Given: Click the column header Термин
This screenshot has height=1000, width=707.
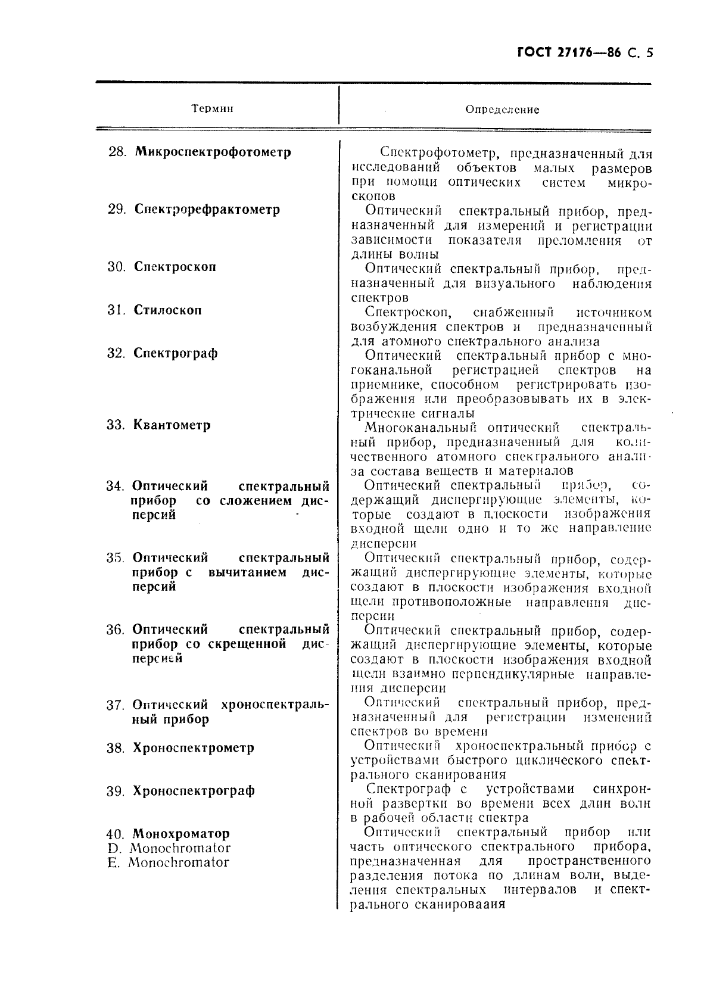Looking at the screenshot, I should [x=212, y=109].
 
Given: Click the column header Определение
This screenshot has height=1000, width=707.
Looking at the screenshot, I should [x=502, y=110].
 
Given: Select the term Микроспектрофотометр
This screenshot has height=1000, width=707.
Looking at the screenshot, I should [x=213, y=152].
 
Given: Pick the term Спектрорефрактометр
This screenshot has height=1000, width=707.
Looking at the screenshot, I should [x=207, y=210].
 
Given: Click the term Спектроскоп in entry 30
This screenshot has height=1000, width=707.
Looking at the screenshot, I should [x=175, y=267].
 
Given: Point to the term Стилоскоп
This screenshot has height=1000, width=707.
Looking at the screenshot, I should [x=167, y=310].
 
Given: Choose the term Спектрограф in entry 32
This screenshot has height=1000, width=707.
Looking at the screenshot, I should [x=176, y=353].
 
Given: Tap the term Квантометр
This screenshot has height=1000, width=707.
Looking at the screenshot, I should [x=172, y=425].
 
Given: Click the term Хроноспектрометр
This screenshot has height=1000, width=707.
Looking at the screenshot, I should [x=194, y=748].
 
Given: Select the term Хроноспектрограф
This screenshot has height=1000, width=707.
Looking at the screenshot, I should [x=194, y=791].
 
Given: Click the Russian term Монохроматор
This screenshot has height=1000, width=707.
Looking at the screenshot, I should [x=180, y=834].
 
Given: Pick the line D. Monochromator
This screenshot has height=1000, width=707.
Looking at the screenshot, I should [x=169, y=848].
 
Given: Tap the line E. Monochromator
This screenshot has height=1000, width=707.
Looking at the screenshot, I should [x=168, y=862].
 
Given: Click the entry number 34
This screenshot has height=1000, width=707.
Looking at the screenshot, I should [x=114, y=486].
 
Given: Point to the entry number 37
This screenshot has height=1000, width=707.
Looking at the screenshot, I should [x=114, y=705].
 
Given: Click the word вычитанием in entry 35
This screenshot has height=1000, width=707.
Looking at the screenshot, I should [x=247, y=572].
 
